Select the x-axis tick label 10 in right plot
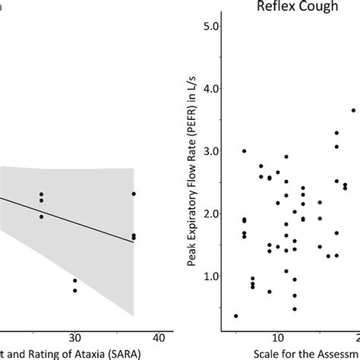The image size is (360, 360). pyautogui.click(x=277, y=336)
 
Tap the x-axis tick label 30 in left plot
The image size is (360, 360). pyautogui.click(x=74, y=336)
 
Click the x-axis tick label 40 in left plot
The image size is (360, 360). pyautogui.click(x=158, y=336)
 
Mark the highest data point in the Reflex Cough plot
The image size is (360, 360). pyautogui.click(x=353, y=110)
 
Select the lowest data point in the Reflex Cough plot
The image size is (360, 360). pyautogui.click(x=235, y=316)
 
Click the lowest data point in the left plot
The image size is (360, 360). pyautogui.click(x=74, y=290)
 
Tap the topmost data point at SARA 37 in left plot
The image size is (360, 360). pyautogui.click(x=134, y=194)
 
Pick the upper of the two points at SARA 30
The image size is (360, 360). pyautogui.click(x=74, y=281)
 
